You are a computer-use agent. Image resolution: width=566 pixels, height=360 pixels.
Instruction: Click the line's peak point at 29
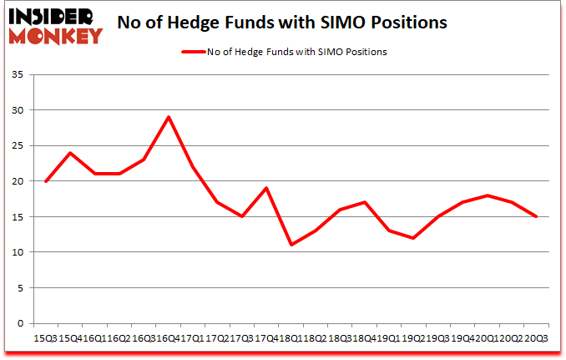[x=169, y=117]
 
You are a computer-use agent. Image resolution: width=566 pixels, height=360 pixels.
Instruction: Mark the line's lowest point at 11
[x=291, y=245]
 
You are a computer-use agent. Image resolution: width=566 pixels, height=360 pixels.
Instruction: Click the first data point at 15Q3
[x=46, y=181]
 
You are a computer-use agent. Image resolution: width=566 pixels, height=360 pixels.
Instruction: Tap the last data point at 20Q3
[x=536, y=216]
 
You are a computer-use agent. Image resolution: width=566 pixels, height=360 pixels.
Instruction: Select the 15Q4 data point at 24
[x=70, y=153]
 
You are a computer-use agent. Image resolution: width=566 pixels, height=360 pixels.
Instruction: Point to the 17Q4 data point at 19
[x=266, y=188]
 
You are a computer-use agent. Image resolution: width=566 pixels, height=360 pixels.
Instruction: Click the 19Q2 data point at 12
[x=413, y=238]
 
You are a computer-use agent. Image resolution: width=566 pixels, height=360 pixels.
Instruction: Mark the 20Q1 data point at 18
[x=487, y=195]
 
